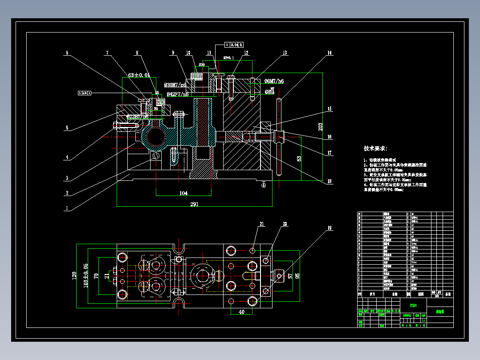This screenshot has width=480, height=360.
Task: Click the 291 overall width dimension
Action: pyautogui.click(x=194, y=205)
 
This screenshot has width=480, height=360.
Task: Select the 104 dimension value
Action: pyautogui.click(x=183, y=193)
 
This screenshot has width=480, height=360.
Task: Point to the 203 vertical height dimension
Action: pyautogui.click(x=320, y=127)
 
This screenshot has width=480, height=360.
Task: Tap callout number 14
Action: pyautogui.click(x=329, y=53)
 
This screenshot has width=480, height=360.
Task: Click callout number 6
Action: pyautogui.click(x=67, y=53)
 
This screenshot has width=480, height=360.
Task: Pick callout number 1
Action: pyautogui.click(x=67, y=208)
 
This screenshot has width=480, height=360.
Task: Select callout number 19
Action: pyautogui.click(x=329, y=229)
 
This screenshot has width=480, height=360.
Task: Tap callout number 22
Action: pyautogui.click(x=285, y=225)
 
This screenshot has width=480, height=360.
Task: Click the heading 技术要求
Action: pyautogui.click(x=375, y=148)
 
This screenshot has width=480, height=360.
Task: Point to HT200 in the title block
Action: pyautogui.click(x=413, y=306)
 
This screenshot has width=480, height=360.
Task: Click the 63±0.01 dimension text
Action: pyautogui.click(x=138, y=75)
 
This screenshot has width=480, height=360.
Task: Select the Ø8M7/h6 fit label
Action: pyautogui.click(x=274, y=82)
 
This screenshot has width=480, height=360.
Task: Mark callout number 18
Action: pyautogui.click(x=329, y=181)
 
